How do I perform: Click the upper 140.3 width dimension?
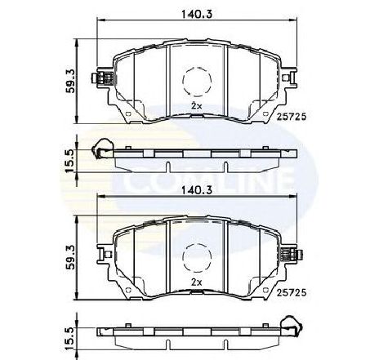(x=195, y=12)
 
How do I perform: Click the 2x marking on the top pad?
(x=196, y=106)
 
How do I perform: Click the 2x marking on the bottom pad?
(x=196, y=282)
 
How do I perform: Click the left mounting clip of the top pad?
(x=105, y=79)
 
